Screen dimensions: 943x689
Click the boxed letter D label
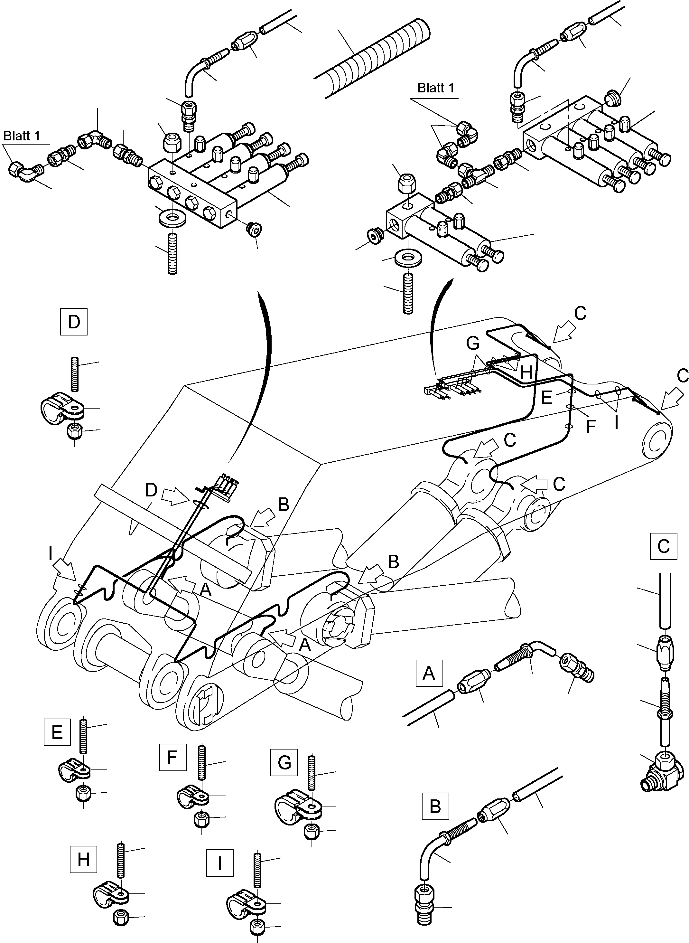(x=74, y=322)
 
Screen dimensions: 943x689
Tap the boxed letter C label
(x=663, y=546)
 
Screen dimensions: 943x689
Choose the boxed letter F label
(x=172, y=757)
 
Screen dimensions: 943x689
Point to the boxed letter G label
(x=284, y=762)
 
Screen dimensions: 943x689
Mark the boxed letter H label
(x=83, y=860)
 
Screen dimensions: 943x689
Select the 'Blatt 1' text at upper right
(x=435, y=88)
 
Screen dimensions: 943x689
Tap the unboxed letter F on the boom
(x=590, y=427)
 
